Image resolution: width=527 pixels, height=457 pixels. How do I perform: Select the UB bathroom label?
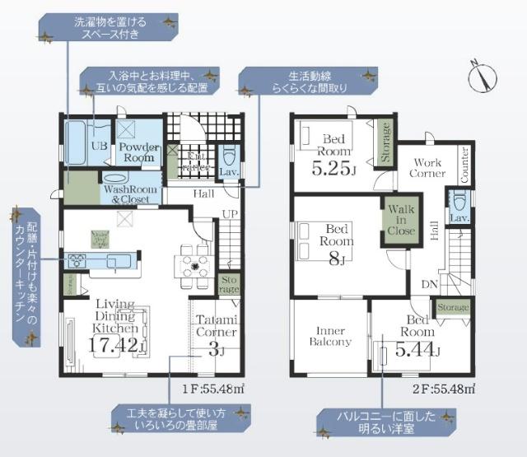96,149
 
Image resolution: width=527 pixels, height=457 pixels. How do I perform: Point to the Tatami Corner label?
217,326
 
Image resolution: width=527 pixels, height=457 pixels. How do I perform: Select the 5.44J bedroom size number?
417,351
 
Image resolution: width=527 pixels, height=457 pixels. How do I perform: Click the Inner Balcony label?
330,335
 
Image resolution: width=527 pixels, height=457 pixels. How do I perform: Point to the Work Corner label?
429,168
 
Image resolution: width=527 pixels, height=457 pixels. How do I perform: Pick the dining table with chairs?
194,265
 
